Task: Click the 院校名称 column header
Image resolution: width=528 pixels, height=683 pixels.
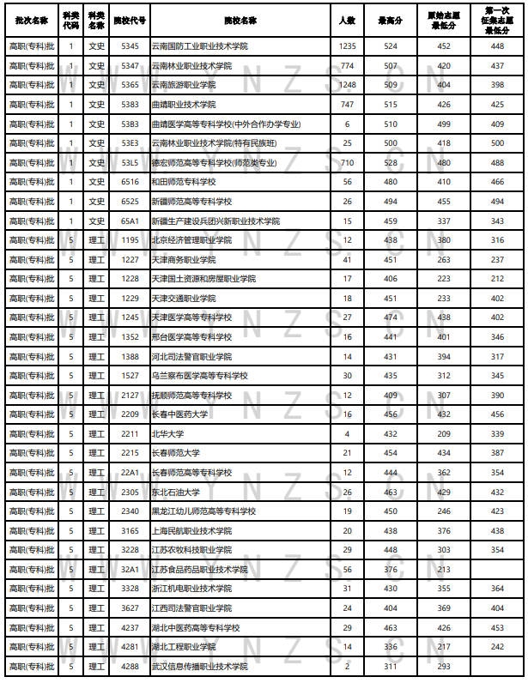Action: pos(245,19)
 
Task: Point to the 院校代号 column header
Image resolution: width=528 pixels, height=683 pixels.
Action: pos(130,19)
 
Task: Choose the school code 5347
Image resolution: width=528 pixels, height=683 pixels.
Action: pos(130,66)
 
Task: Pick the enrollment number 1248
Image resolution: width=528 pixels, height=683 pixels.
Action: pos(347,86)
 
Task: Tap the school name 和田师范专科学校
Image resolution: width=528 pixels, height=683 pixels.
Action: pos(185,182)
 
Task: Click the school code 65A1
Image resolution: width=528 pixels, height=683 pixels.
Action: pos(130,221)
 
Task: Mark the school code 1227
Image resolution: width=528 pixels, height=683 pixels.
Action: pos(130,259)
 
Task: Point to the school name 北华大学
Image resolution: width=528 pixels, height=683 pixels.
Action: pos(167,434)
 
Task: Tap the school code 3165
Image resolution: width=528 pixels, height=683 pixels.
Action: pos(130,531)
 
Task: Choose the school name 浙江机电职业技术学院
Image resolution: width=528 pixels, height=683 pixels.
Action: pos(191,589)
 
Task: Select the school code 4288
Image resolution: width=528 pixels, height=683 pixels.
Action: pos(130,667)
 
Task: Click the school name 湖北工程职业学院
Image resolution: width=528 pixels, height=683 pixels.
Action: pos(184,647)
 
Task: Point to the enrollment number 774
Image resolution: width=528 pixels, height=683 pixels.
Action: pos(347,66)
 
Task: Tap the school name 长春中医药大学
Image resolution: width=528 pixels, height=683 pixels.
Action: pos(179,414)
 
